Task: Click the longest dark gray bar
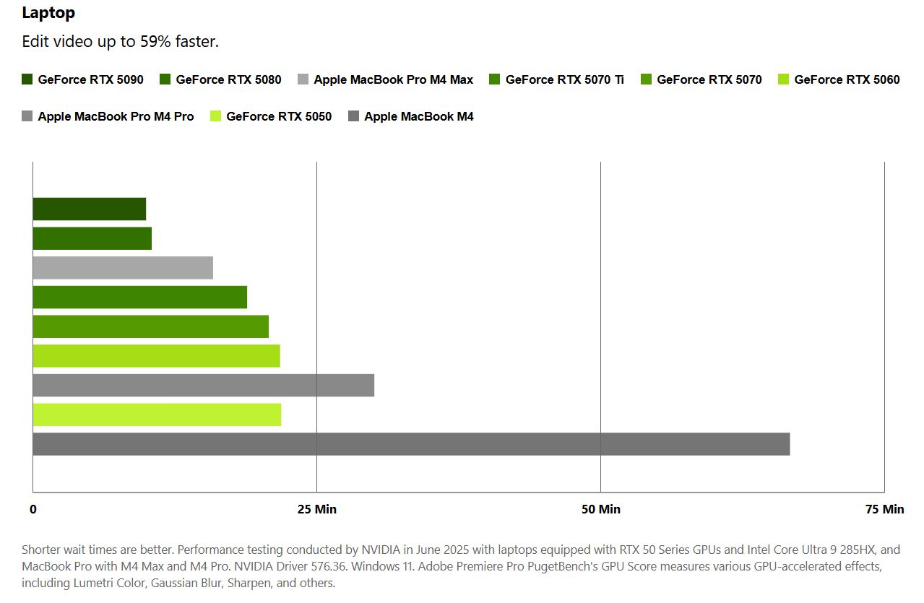pos(411,444)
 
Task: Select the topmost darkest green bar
pos(89,209)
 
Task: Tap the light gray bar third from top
pos(123,268)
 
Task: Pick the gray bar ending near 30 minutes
pos(203,386)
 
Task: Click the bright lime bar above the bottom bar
pos(157,415)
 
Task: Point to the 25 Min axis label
pos(317,510)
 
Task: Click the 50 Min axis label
pos(601,510)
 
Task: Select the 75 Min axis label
pos(884,510)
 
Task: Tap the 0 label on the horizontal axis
pos(33,510)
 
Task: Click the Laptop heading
pos(48,12)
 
